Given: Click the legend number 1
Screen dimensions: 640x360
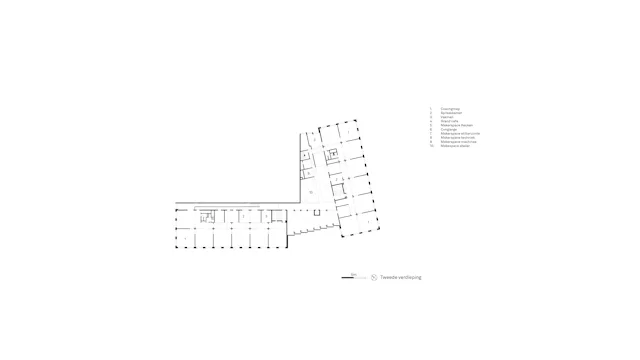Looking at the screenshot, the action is [x=431, y=109].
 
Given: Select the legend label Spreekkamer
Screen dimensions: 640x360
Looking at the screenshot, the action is [x=451, y=114].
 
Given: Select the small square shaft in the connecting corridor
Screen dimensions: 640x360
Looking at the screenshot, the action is [x=316, y=211].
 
